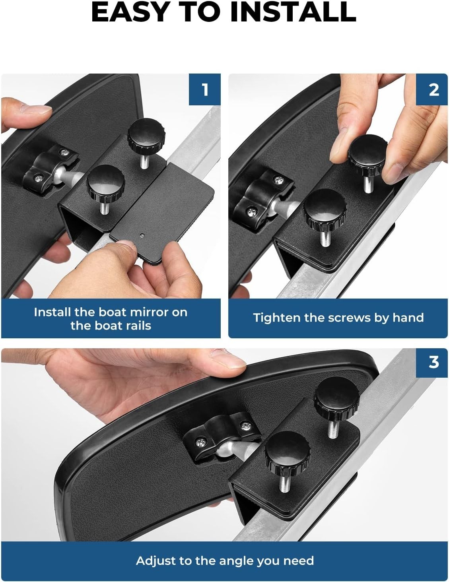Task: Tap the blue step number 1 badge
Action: point(205,89)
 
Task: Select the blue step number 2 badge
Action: point(432,89)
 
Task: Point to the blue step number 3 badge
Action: point(432,362)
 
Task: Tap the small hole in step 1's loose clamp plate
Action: point(142,236)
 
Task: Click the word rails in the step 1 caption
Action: point(138,326)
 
